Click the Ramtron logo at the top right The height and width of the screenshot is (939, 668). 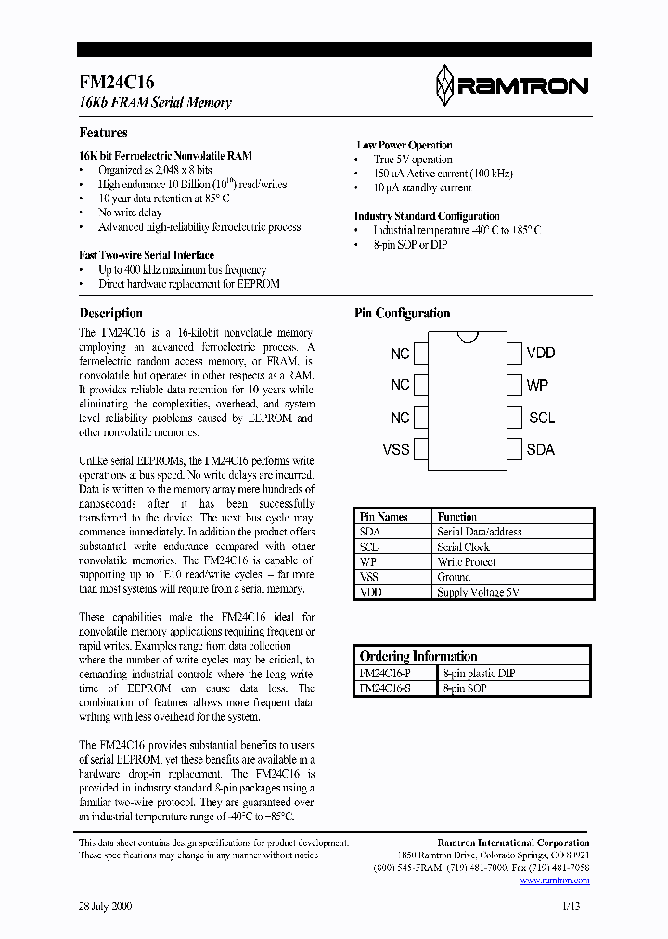point(511,85)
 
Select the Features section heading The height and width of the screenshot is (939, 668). point(103,133)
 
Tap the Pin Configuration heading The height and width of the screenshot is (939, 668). point(402,314)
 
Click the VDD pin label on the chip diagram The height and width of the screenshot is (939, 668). point(540,354)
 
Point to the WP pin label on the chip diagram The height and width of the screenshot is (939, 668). point(537,385)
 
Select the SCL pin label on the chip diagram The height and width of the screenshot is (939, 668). point(542,418)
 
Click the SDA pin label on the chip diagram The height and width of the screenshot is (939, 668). point(540,449)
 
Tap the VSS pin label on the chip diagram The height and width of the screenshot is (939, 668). point(396,449)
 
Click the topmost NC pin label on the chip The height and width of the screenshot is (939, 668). point(400,354)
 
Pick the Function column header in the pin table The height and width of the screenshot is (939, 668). point(456,517)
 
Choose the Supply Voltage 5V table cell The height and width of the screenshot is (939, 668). point(478,591)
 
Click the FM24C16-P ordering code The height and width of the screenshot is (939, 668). point(384,674)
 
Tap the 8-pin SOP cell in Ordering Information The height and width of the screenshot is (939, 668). point(465,688)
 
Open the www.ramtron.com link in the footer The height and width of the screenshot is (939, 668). point(555,881)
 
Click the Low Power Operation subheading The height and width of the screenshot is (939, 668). point(405,145)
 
